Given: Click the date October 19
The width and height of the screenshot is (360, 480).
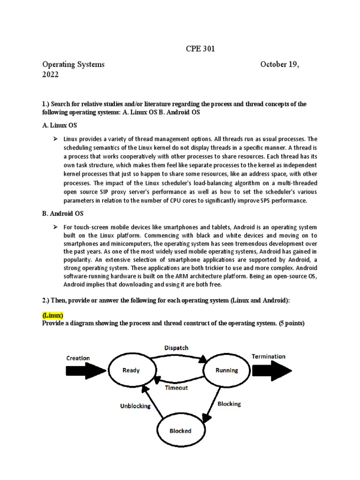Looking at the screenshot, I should click(280, 64).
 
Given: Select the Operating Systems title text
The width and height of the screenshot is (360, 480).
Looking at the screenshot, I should click(74, 64).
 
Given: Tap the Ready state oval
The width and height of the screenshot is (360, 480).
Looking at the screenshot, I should click(131, 370).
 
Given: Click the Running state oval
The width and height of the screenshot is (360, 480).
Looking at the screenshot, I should click(226, 370).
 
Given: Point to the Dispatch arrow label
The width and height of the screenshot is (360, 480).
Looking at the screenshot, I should click(176, 348).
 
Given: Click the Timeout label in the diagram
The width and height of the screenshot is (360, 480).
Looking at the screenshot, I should click(176, 388).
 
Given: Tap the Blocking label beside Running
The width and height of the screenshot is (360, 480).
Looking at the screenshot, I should click(229, 404).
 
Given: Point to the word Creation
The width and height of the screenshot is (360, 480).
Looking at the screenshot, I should click(78, 358).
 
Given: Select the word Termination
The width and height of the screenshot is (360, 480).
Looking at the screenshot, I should click(269, 356).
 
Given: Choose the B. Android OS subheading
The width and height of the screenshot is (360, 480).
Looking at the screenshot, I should click(64, 213).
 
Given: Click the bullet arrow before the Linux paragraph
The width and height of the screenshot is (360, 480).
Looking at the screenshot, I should click(55, 139).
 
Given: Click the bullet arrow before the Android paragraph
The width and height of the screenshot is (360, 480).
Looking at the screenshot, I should click(55, 226).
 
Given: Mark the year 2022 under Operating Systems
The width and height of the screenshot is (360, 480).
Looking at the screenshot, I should click(51, 75).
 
